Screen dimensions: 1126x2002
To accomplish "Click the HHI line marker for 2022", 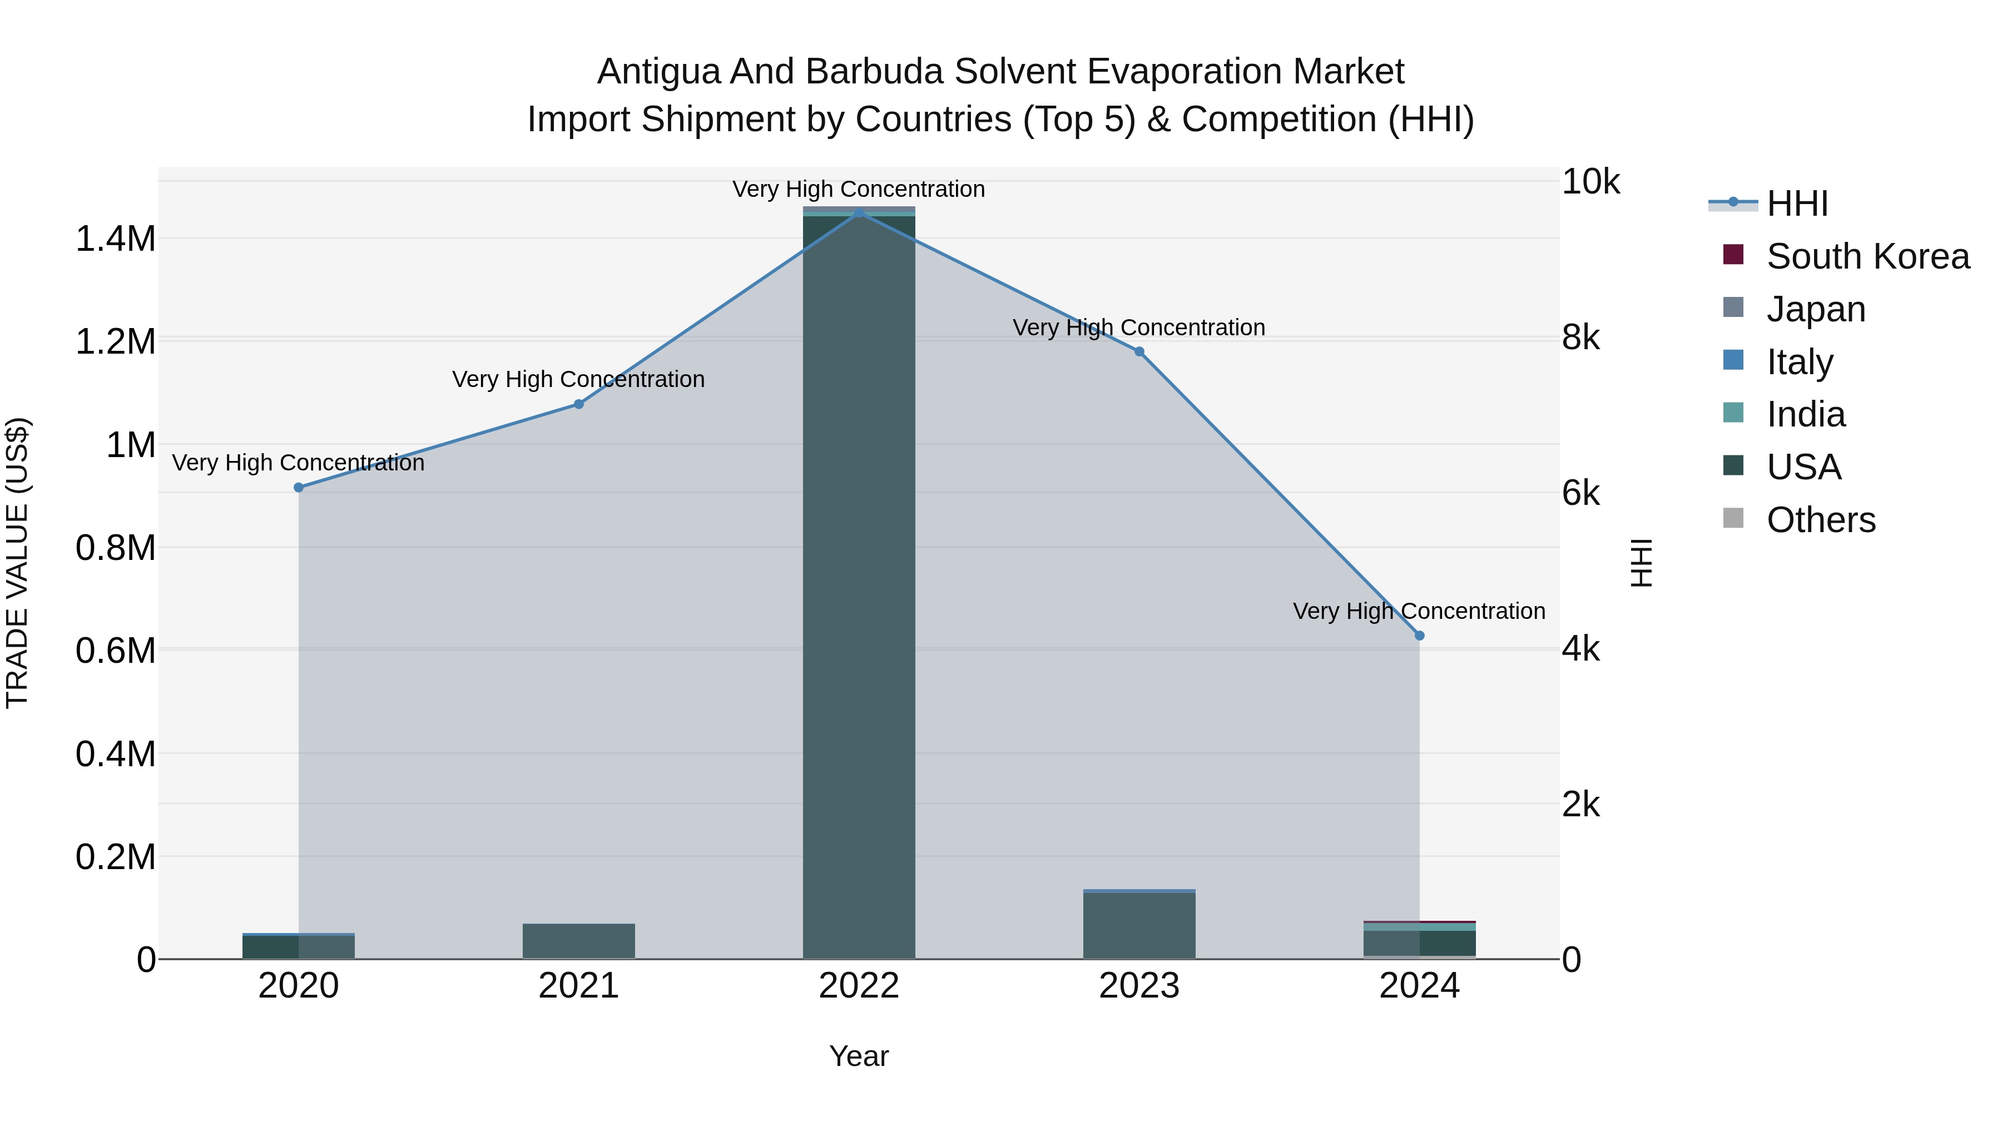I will tap(859, 213).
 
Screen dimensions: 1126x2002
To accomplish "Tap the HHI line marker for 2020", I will tap(299, 487).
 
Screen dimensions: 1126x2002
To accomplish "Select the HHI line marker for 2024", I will tap(1419, 636).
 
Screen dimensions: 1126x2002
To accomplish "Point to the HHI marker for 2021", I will tap(578, 404).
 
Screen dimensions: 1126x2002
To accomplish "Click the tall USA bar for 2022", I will tap(859, 583).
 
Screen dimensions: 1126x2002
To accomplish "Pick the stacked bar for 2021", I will tap(578, 941).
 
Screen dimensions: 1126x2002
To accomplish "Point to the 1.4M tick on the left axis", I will tap(116, 239).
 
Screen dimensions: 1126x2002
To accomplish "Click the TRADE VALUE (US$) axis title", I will tap(17, 563).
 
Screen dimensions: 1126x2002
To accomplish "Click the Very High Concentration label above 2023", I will tap(1138, 328).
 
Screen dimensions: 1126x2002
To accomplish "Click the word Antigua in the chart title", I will tap(657, 72).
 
